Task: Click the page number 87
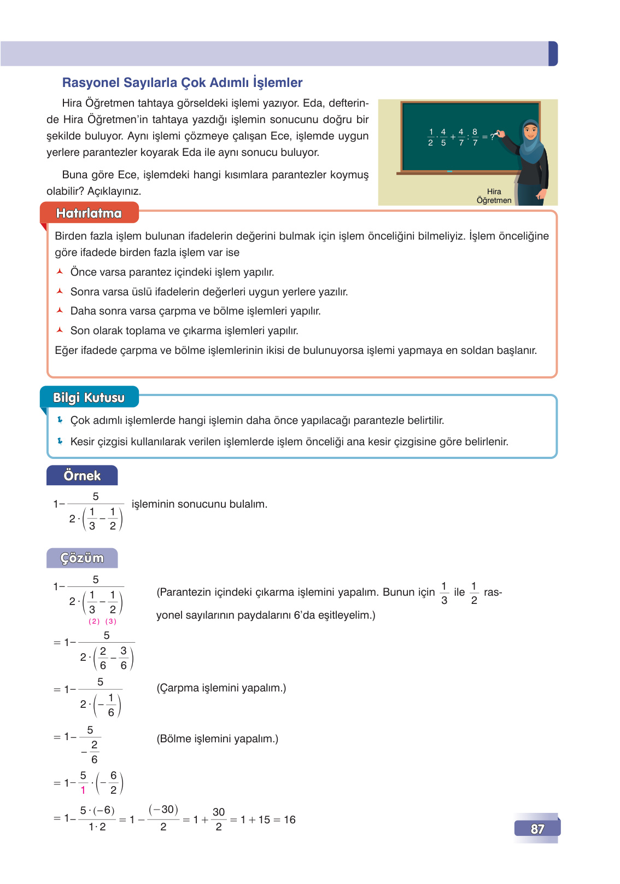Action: pyautogui.click(x=537, y=828)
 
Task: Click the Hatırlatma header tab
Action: pyautogui.click(x=89, y=213)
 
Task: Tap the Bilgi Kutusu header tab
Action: pyautogui.click(x=89, y=398)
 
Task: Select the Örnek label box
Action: pyautogui.click(x=82, y=475)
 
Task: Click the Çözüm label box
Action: pyautogui.click(x=82, y=558)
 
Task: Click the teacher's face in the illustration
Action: pyautogui.click(x=529, y=131)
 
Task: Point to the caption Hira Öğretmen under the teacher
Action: pyautogui.click(x=494, y=196)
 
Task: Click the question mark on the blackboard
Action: pyautogui.click(x=492, y=137)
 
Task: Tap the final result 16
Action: pyautogui.click(x=289, y=819)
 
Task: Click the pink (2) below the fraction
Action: pyautogui.click(x=95, y=621)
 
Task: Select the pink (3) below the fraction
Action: pyautogui.click(x=111, y=621)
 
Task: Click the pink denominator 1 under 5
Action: pyautogui.click(x=83, y=790)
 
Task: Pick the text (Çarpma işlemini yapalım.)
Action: pyautogui.click(x=221, y=688)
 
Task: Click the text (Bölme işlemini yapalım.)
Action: pyautogui.click(x=218, y=738)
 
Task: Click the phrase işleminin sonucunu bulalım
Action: pyautogui.click(x=200, y=504)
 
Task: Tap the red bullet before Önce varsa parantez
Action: pyautogui.click(x=60, y=272)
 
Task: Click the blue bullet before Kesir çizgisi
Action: pyautogui.click(x=60, y=441)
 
